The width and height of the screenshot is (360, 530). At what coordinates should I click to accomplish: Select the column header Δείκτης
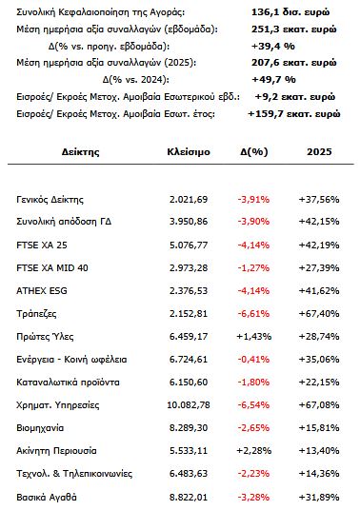[x=80, y=151]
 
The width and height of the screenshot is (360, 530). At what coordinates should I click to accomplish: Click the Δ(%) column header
[x=255, y=151]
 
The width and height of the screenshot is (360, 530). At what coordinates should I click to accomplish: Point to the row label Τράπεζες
[x=41, y=313]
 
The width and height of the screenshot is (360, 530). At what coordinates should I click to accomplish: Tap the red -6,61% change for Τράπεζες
[x=255, y=313]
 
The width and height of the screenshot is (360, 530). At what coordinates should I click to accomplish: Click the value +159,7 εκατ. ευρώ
[x=284, y=113]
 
